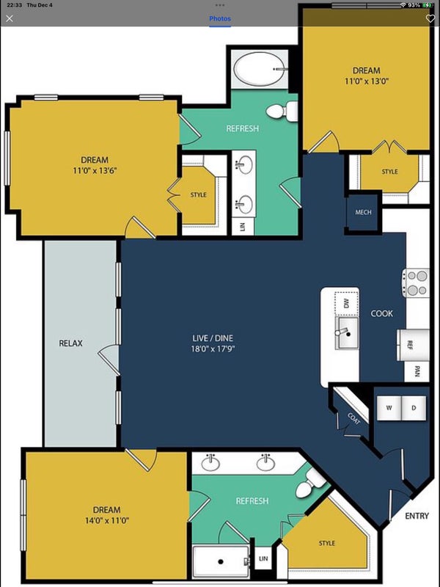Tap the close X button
pyautogui.click(x=10, y=18)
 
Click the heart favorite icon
pyautogui.click(x=430, y=18)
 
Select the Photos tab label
pyautogui.click(x=220, y=18)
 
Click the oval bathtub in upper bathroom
pyautogui.click(x=259, y=69)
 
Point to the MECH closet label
pyautogui.click(x=363, y=212)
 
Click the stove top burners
pyautogui.click(x=416, y=283)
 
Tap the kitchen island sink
pyautogui.click(x=346, y=333)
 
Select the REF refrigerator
pyautogui.click(x=413, y=345)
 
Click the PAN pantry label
pyautogui.click(x=417, y=371)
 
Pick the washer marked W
pyautogui.click(x=389, y=408)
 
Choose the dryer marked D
pyautogui.click(x=414, y=408)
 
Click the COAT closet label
pyautogui.click(x=353, y=418)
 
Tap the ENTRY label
pyautogui.click(x=417, y=516)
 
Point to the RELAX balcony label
pyautogui.click(x=70, y=343)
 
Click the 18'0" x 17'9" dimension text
pyautogui.click(x=213, y=349)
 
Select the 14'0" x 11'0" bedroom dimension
pyautogui.click(x=107, y=520)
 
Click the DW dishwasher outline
pyautogui.click(x=346, y=302)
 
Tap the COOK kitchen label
pyautogui.click(x=381, y=313)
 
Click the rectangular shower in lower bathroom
pyautogui.click(x=221, y=561)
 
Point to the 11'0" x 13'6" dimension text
pyautogui.click(x=95, y=171)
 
